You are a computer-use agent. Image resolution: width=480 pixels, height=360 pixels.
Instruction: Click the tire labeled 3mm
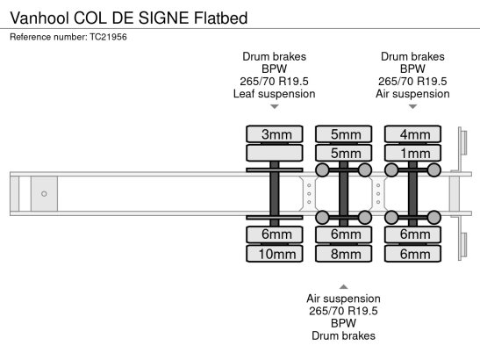[275, 133]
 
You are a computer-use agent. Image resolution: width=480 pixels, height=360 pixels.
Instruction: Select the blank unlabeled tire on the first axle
[275, 153]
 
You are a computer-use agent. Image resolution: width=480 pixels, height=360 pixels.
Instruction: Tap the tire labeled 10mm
[275, 254]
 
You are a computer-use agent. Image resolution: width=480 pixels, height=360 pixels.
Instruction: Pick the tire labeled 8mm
[344, 254]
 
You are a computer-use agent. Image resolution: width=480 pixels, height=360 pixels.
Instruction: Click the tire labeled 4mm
[413, 133]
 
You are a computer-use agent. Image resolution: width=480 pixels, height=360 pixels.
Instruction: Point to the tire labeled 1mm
[413, 153]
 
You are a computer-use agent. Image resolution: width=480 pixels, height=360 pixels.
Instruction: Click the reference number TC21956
[108, 37]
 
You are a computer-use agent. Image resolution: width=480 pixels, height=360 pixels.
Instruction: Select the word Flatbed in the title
[221, 18]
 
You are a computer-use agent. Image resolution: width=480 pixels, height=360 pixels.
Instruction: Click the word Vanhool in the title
[39, 18]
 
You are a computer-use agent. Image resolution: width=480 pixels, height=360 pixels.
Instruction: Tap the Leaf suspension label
[275, 94]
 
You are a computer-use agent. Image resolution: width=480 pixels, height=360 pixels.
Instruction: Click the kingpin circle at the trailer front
[44, 194]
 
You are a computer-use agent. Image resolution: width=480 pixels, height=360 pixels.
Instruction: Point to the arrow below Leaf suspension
[275, 106]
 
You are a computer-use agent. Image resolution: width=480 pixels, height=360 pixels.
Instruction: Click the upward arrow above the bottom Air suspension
[343, 287]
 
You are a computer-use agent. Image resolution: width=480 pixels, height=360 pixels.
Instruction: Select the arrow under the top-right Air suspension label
[413, 106]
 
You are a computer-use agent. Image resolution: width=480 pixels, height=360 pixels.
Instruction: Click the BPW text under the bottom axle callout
[343, 323]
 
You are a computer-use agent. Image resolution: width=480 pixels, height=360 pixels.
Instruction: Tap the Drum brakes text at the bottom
[343, 335]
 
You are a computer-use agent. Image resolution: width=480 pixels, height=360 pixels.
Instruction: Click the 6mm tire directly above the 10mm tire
[275, 234]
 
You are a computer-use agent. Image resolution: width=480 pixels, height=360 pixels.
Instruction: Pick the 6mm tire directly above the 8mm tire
[344, 234]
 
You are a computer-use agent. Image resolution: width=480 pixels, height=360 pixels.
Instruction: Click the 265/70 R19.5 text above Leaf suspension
[275, 81]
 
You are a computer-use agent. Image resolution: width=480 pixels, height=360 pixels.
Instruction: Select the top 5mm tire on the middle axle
[344, 133]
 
